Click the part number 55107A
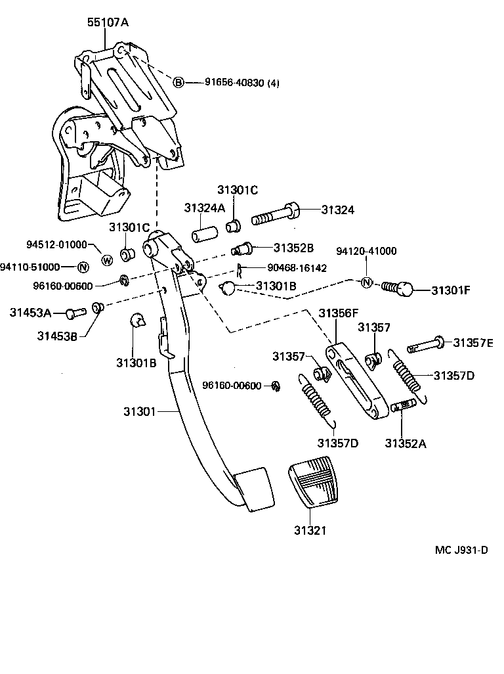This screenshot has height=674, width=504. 108,22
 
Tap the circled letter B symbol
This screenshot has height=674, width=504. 178,82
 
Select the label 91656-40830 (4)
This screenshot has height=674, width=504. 241,83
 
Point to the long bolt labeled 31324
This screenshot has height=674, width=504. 275,214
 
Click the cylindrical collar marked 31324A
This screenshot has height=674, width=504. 203,235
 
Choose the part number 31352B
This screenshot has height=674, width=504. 293,248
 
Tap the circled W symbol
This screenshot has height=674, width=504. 107,260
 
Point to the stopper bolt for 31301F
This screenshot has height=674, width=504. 398,288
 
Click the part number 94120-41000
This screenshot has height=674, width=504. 366,251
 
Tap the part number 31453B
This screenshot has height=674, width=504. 57,336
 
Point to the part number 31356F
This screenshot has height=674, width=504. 339,313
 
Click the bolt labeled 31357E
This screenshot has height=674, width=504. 425,343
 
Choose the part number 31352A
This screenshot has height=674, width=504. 405,443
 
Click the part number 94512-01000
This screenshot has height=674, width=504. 56,244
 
